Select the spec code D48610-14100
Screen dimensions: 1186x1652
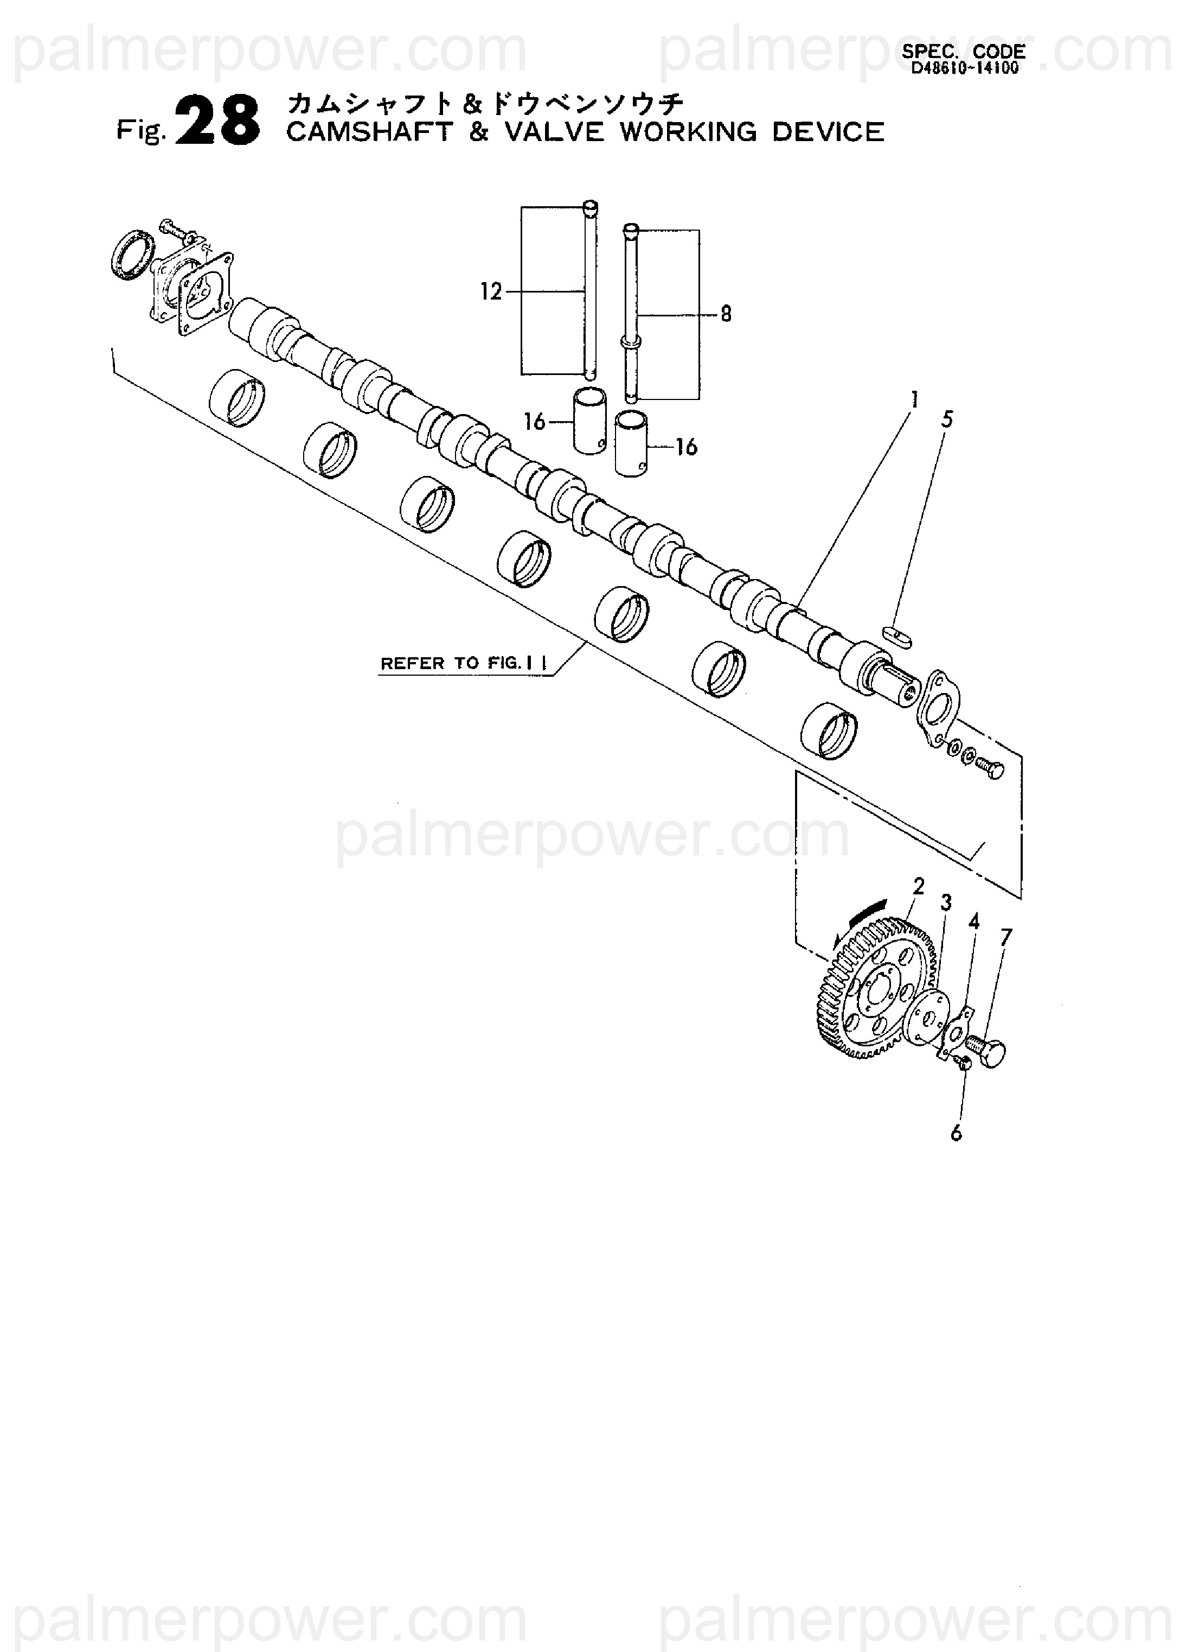[964, 69]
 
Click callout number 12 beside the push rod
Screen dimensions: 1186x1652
[491, 292]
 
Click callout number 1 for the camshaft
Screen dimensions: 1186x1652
[914, 400]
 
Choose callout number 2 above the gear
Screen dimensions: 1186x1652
[918, 886]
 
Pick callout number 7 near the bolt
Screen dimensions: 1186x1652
[1005, 937]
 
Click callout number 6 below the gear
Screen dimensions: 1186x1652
[956, 1133]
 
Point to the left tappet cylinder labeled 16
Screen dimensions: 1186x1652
[588, 421]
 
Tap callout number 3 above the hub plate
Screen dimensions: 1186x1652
[946, 903]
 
